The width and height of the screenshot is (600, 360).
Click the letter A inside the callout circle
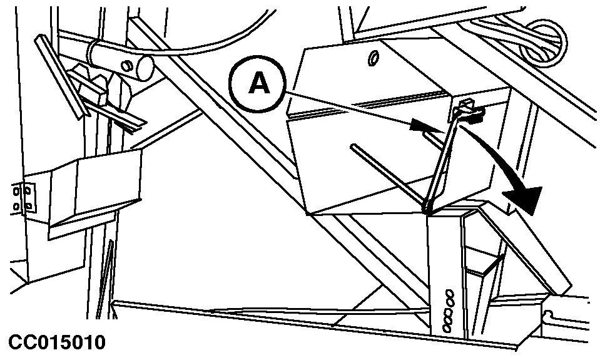click(x=259, y=84)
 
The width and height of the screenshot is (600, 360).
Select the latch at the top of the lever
click(x=466, y=110)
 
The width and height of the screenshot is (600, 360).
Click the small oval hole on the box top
click(x=374, y=58)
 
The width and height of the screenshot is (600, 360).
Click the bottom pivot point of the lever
click(x=428, y=207)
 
